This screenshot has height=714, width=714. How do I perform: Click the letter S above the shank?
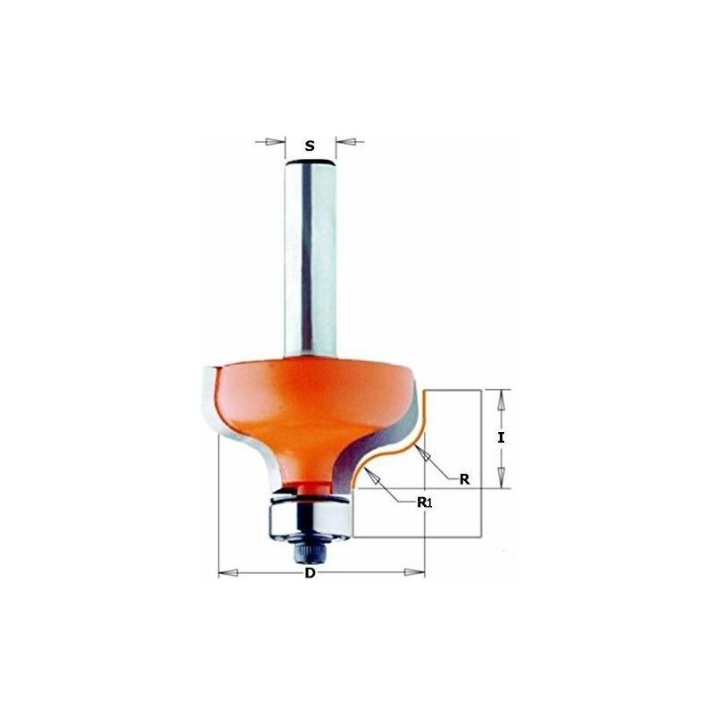(x=310, y=145)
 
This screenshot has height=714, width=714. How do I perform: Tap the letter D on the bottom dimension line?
(x=310, y=573)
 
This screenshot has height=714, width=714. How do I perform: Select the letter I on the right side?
(x=501, y=437)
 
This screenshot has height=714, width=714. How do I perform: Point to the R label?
(x=464, y=479)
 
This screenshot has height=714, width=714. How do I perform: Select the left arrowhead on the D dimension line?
(x=228, y=572)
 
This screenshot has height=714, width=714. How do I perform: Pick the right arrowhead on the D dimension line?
(x=414, y=572)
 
